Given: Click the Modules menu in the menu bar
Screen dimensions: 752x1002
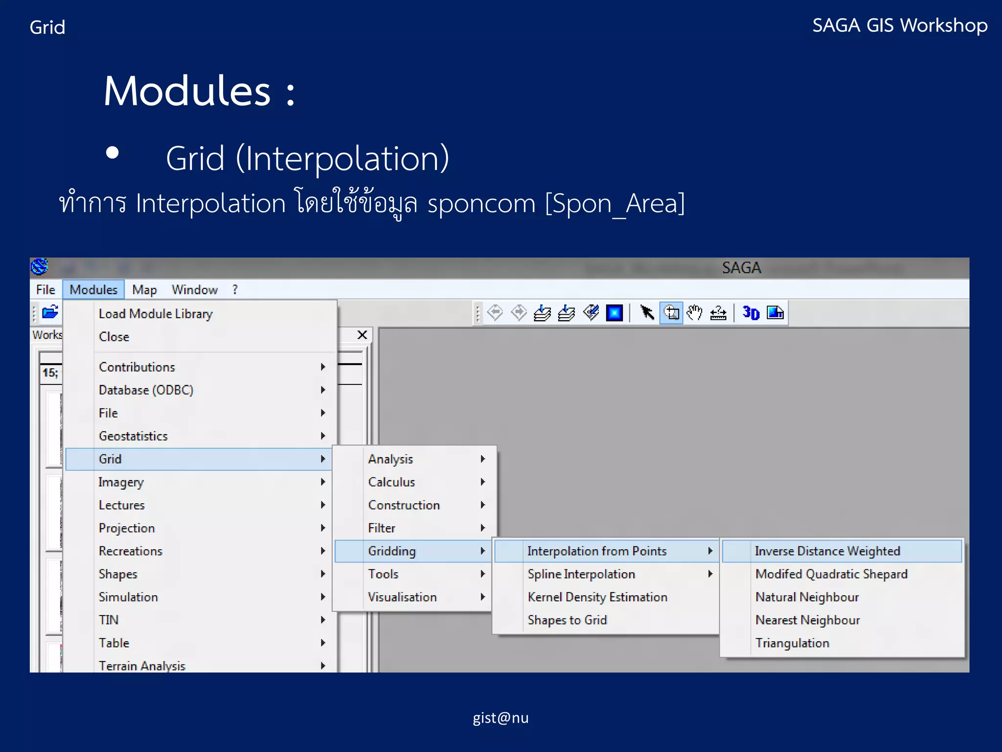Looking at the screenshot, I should point(93,290).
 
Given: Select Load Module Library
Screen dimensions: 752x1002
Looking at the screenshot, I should point(156,314).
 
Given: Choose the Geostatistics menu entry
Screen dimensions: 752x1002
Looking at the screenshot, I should point(133,436).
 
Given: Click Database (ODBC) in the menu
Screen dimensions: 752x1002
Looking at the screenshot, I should point(146,390).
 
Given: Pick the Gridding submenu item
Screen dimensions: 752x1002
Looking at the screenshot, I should point(392,551).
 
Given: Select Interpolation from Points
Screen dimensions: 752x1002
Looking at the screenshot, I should point(596,551).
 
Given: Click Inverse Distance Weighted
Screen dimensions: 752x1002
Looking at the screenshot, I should point(827,551).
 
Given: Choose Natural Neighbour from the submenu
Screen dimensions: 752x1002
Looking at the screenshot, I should point(807,597).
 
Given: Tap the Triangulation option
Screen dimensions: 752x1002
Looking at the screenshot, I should point(792,643).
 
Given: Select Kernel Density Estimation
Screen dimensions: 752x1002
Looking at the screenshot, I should point(597,597).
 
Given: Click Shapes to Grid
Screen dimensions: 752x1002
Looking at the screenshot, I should point(567,620).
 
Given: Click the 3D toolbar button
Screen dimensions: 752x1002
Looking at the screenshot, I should point(751,313).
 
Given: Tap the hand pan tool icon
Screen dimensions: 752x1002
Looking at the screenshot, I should point(694,313).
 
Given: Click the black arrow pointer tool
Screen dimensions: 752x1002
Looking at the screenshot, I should point(647,313).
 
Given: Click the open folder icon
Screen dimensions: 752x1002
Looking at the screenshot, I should point(50,312).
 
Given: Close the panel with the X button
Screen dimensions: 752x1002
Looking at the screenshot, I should point(362,335).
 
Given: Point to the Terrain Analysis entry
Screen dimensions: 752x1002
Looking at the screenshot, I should point(142,666).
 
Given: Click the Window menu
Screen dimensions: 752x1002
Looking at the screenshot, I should point(194,290).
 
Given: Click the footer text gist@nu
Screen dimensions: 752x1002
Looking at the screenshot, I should point(501,718).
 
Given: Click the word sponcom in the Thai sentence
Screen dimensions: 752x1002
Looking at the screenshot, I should point(481,203).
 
